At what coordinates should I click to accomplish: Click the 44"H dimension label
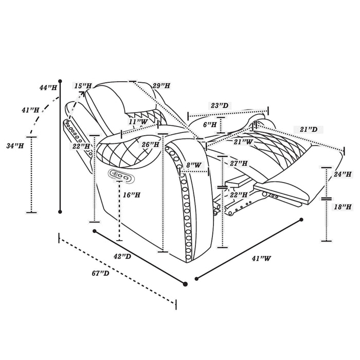point(48,87)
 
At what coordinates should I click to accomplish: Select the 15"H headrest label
point(83,86)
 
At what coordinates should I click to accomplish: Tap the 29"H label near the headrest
point(161,86)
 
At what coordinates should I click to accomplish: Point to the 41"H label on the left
point(30,110)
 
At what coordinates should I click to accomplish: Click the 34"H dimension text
point(15,146)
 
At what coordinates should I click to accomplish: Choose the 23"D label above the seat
point(220,105)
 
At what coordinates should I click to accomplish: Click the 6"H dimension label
point(210,124)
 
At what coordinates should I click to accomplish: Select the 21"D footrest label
point(309,130)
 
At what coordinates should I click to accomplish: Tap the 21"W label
point(243,142)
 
